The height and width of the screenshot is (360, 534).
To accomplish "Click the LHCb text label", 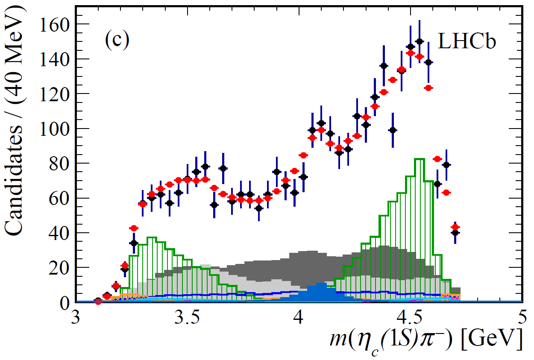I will (467, 41).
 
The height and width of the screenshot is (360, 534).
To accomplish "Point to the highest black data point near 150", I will (420, 41).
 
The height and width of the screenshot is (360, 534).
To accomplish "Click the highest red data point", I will (411, 53).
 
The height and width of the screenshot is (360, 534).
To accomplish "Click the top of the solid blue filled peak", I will (320, 283).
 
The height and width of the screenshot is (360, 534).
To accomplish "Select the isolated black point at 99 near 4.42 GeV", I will (393, 130).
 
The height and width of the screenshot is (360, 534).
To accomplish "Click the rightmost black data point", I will (455, 233).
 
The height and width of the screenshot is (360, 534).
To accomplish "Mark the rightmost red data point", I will (455, 227).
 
